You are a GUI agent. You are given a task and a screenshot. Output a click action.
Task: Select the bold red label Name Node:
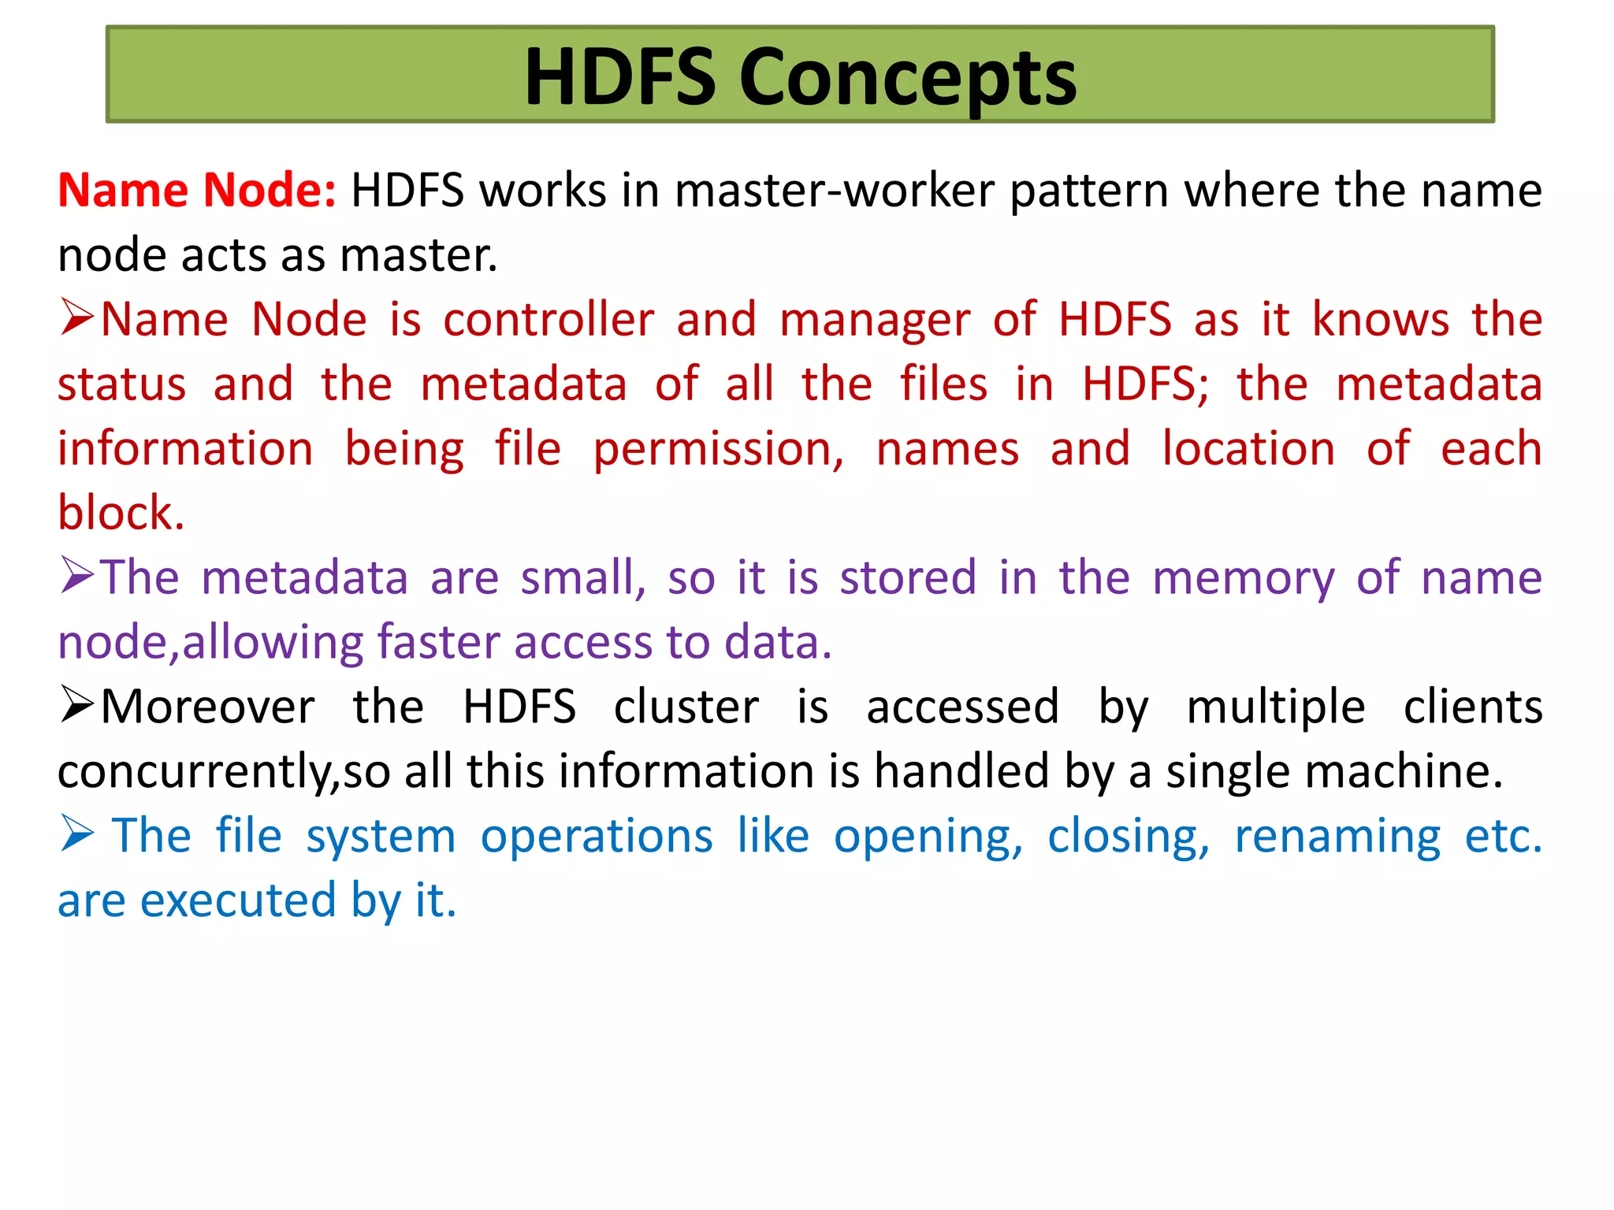coord(197,191)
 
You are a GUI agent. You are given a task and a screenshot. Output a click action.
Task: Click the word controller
coord(549,320)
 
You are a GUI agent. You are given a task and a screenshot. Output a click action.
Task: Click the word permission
coord(718,450)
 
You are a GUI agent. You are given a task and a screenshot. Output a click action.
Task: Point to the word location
coord(1249,449)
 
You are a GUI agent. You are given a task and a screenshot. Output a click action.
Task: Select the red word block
coord(121,513)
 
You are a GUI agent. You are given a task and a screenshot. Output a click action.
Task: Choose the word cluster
coord(686,707)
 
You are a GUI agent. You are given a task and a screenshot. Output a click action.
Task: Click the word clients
coord(1472,707)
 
